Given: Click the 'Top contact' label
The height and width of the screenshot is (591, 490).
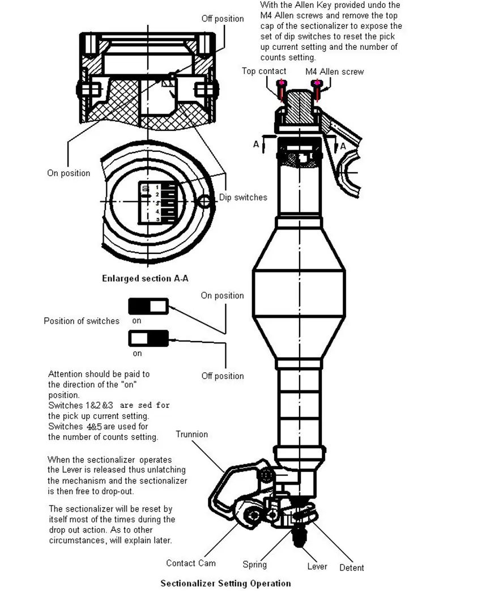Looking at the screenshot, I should click(x=264, y=71).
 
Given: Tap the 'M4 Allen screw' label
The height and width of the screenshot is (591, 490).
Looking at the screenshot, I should click(x=334, y=71).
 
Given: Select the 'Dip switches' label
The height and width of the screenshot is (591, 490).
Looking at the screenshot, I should click(x=243, y=197).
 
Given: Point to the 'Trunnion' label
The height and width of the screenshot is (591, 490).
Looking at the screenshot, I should click(x=191, y=434).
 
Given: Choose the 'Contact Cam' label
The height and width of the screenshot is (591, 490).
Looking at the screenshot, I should click(x=191, y=563).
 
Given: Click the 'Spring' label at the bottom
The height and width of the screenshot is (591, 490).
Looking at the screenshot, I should click(x=254, y=564).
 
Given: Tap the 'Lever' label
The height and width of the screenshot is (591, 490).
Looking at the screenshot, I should click(x=317, y=566).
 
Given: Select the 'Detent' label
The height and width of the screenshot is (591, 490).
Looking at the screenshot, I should click(x=351, y=567).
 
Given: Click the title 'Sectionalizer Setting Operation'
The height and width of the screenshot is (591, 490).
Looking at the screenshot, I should click(x=225, y=583).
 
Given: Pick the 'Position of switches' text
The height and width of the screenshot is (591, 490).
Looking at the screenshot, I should click(x=82, y=321).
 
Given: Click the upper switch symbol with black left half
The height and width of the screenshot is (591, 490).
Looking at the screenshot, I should click(x=148, y=307).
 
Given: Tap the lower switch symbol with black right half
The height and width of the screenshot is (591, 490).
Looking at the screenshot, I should click(x=148, y=339).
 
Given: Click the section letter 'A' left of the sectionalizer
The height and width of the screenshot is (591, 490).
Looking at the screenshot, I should click(x=256, y=144).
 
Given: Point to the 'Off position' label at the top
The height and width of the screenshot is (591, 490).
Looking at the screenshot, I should click(x=223, y=19).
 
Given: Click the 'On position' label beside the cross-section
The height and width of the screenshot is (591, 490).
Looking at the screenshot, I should click(x=69, y=173).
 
